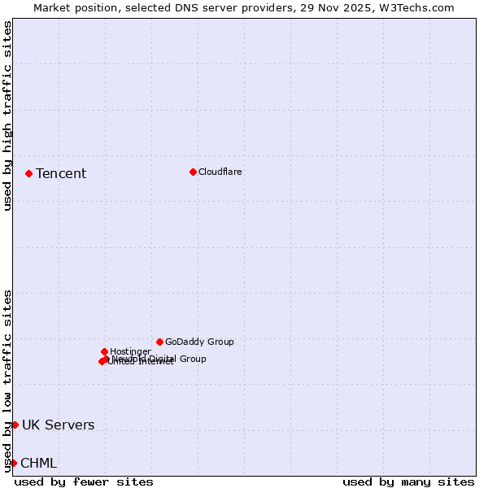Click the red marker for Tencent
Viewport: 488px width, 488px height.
coord(28,173)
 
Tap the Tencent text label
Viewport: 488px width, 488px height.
coord(61,173)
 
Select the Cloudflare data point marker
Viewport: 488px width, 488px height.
coord(193,172)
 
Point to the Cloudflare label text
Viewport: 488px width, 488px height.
coord(220,172)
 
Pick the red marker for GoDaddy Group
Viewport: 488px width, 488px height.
coord(159,342)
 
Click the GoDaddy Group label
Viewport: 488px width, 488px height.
coord(199,342)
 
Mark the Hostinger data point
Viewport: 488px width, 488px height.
coord(104,351)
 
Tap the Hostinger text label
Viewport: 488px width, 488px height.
coord(130,351)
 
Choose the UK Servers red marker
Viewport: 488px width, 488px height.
coord(15,425)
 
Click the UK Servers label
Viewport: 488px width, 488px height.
coord(58,425)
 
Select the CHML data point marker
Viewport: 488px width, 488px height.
coord(13,463)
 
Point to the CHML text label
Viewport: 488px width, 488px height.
coord(38,463)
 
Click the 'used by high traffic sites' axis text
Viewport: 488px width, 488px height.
coord(7,115)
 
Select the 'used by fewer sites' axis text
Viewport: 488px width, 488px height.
coord(84,481)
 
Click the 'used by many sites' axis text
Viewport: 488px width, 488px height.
coord(408,481)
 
